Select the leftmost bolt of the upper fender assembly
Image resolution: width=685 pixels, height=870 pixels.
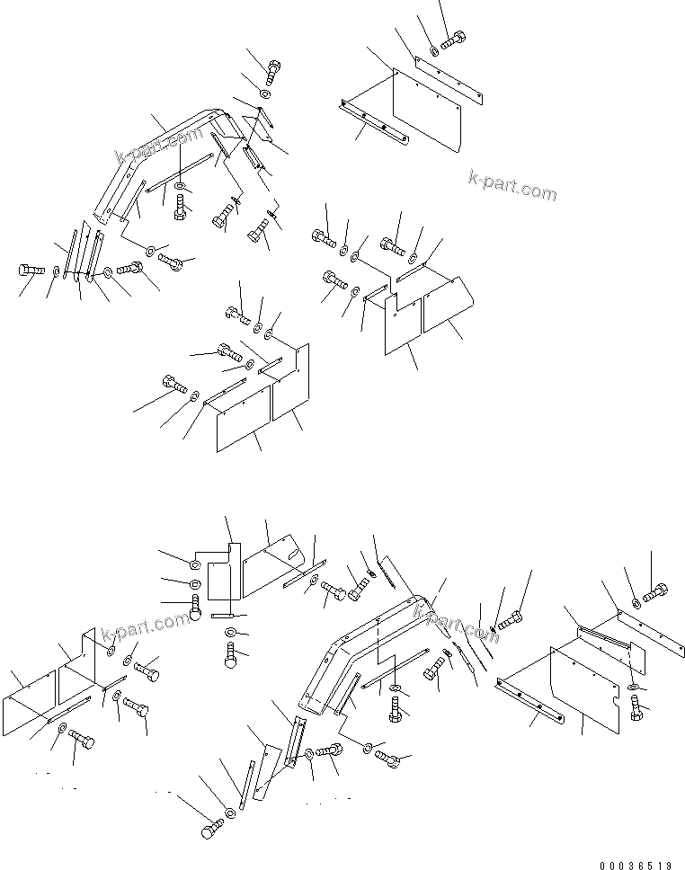[30, 270]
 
